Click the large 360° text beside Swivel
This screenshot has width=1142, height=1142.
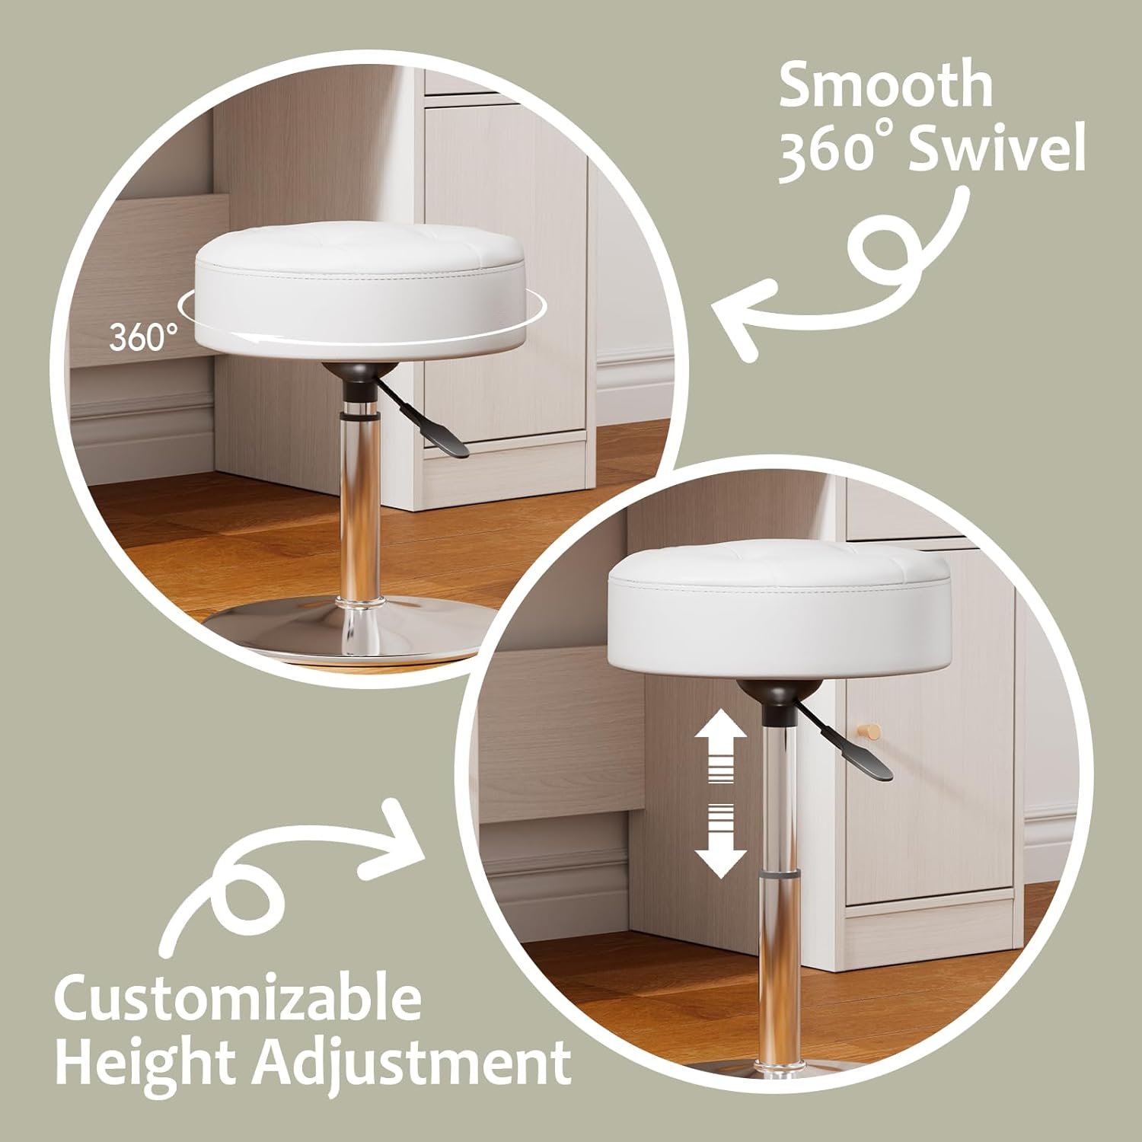tap(838, 152)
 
